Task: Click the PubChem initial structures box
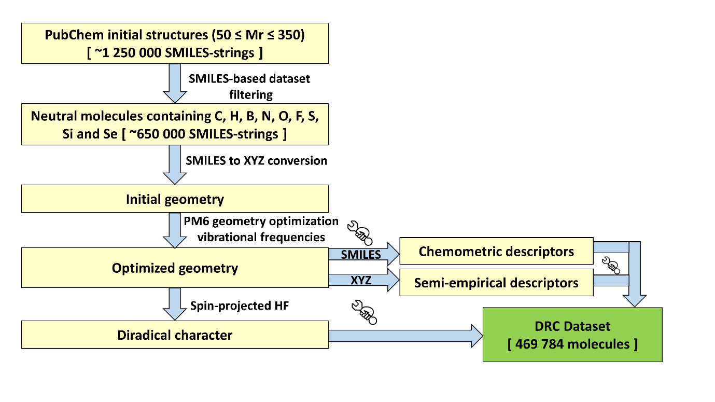pyautogui.click(x=175, y=43)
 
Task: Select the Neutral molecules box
pyautogui.click(x=175, y=124)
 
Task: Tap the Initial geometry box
pyautogui.click(x=175, y=199)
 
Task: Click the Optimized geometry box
pyautogui.click(x=175, y=268)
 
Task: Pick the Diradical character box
pyautogui.click(x=175, y=335)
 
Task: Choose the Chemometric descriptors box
pyautogui.click(x=496, y=251)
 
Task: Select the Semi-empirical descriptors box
pyautogui.click(x=496, y=283)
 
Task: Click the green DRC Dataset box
pyautogui.click(x=572, y=335)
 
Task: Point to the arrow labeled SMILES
pyautogui.click(x=364, y=254)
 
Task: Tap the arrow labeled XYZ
pyautogui.click(x=364, y=280)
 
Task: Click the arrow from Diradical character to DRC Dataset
pyautogui.click(x=405, y=336)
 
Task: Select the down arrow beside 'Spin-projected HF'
pyautogui.click(x=175, y=304)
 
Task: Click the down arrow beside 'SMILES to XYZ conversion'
pyautogui.click(x=175, y=165)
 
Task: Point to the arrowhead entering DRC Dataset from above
pyautogui.click(x=635, y=301)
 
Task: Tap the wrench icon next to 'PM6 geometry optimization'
pyautogui.click(x=360, y=233)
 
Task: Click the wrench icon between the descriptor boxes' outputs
pyautogui.click(x=611, y=266)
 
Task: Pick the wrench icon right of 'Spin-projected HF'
pyautogui.click(x=364, y=312)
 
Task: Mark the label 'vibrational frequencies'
pyautogui.click(x=261, y=237)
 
